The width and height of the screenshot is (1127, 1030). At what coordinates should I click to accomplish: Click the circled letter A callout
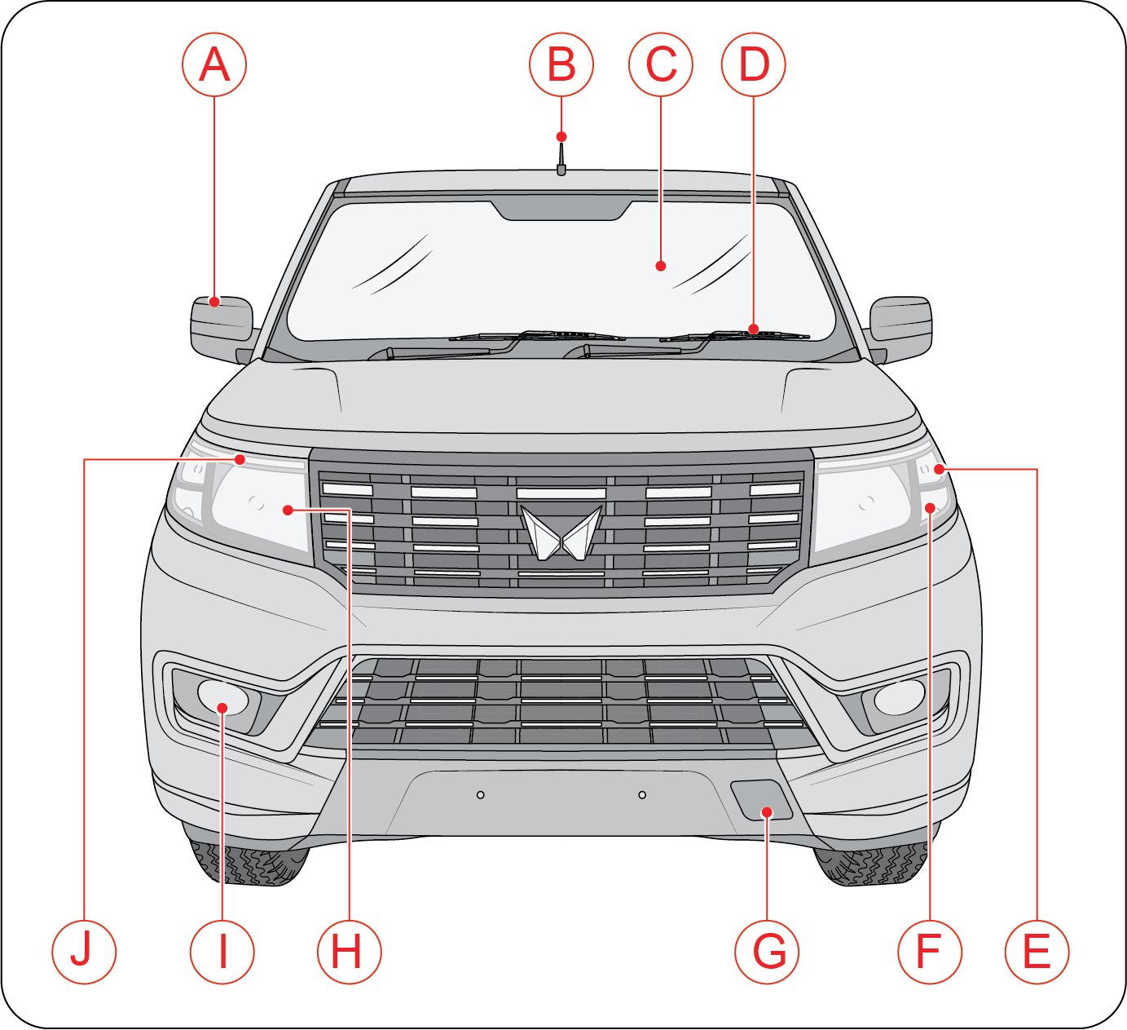coord(214,64)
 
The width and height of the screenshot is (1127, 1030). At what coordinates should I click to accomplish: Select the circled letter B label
coord(561,64)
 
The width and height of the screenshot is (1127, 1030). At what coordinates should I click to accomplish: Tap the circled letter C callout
coord(661,64)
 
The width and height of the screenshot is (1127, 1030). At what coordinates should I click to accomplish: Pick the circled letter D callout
coord(754,64)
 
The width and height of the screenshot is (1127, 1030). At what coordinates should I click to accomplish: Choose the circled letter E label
coord(1037,952)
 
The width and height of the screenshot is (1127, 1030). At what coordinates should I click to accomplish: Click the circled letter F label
coord(930,952)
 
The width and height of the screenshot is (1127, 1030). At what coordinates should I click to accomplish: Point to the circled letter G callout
coord(767,952)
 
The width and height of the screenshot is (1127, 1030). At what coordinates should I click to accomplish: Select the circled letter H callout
coord(350,952)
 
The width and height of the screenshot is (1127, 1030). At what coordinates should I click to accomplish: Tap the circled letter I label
coord(222,952)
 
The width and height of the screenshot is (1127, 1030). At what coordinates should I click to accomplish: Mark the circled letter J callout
coord(84,952)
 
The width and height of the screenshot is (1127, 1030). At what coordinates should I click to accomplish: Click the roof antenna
coord(561,159)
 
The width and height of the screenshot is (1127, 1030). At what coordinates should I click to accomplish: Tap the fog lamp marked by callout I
coord(223,697)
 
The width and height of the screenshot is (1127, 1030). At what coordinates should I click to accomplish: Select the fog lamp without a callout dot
coord(900,697)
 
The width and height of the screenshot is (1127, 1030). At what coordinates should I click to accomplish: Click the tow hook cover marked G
coord(761,799)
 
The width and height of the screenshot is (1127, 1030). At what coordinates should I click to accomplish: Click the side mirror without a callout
coord(900,329)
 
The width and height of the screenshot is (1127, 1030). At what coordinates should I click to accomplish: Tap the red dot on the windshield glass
coord(661,266)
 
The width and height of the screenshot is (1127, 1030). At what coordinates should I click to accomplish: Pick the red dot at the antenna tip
coord(561,137)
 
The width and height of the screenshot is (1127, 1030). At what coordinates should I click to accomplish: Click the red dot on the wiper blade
coord(754,329)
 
